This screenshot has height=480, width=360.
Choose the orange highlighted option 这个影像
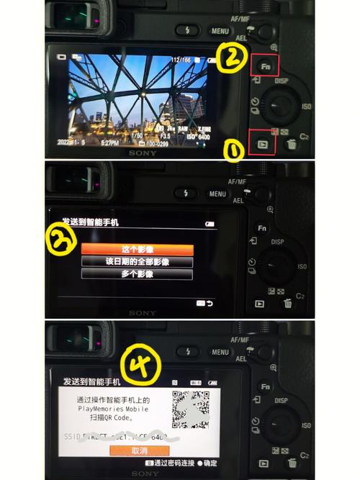coord(137,249)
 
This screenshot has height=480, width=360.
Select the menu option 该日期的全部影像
coord(137,262)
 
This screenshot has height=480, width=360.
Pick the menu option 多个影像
coord(137,274)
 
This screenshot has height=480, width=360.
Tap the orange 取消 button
coord(139,450)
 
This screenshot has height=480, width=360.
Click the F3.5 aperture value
coord(165,135)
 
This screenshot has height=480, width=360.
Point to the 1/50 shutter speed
coord(137,135)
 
